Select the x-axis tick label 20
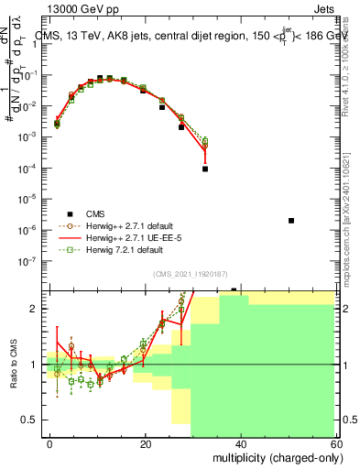point(146,442)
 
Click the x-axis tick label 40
point(240,442)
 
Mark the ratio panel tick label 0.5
point(30,420)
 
